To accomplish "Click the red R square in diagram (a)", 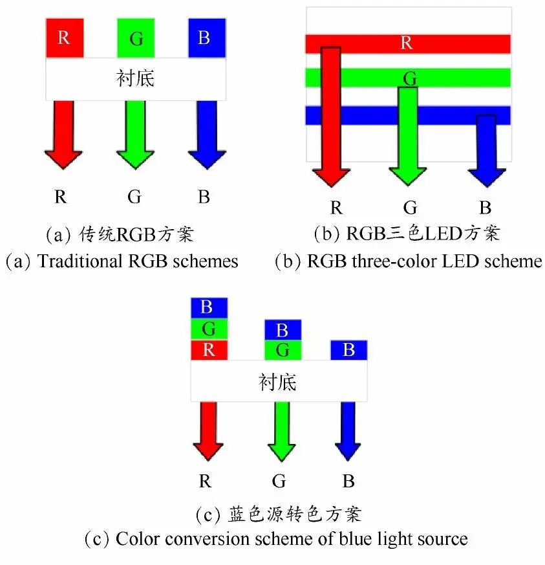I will [x=65, y=38].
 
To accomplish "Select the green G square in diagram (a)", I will [x=136, y=38].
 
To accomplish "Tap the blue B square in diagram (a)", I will [x=206, y=38].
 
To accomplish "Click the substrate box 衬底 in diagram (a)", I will [x=135, y=78].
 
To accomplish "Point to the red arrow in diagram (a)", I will [x=63, y=136].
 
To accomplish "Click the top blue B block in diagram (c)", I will [x=209, y=307].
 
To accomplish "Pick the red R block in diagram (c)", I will [x=209, y=350].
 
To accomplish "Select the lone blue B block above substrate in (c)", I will [x=348, y=350].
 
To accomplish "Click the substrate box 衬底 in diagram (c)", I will [x=278, y=381].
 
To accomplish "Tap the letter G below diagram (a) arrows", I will [x=134, y=197].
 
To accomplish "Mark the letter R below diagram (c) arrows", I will [x=205, y=482].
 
